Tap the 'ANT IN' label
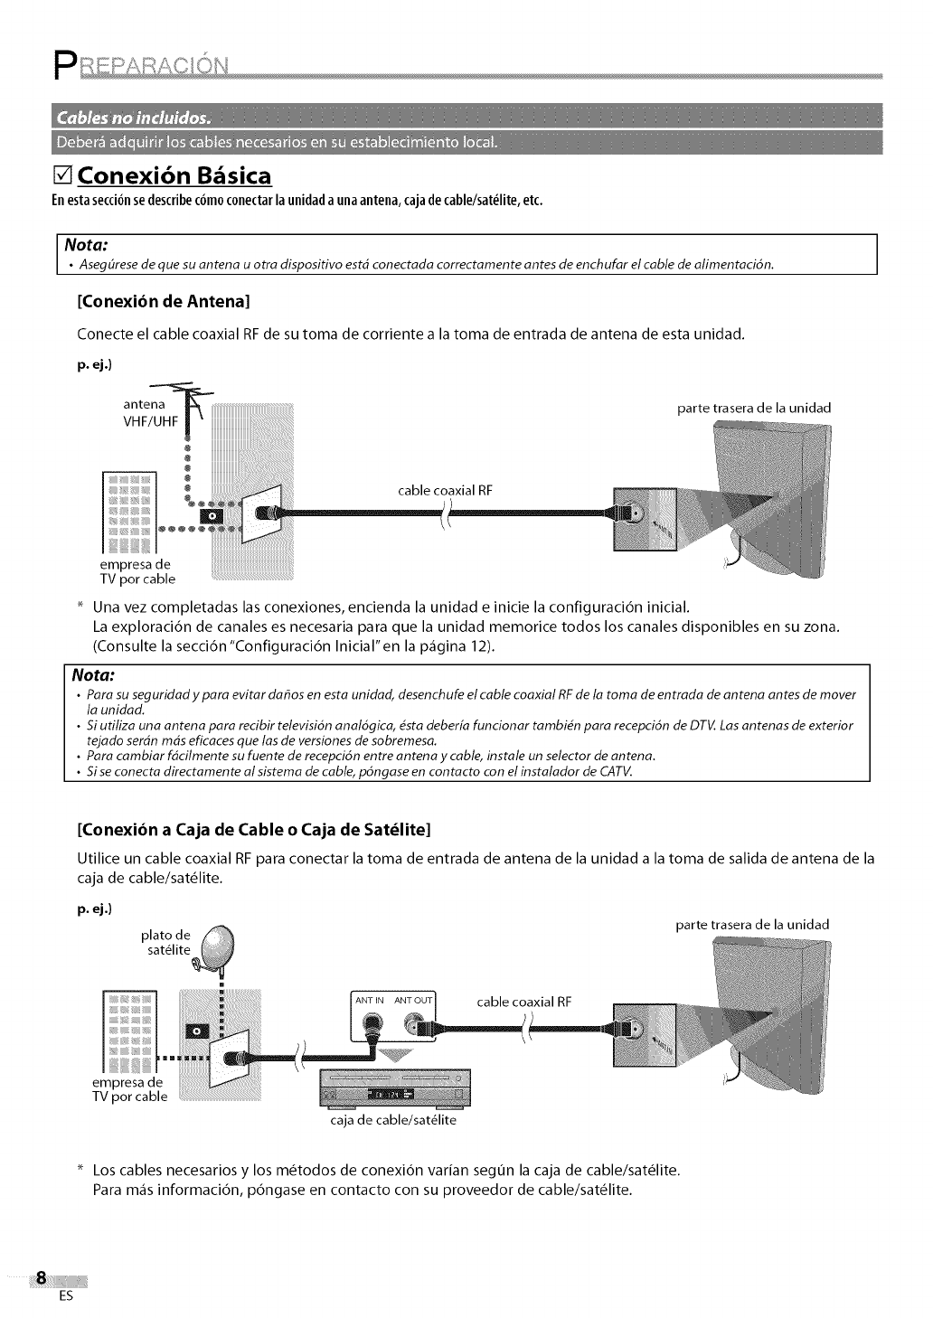pos(370,1001)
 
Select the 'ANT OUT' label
pos(414,1001)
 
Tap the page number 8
pos(41,1280)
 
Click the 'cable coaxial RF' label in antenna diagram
pos(445,491)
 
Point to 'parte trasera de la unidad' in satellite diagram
pos(752,925)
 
